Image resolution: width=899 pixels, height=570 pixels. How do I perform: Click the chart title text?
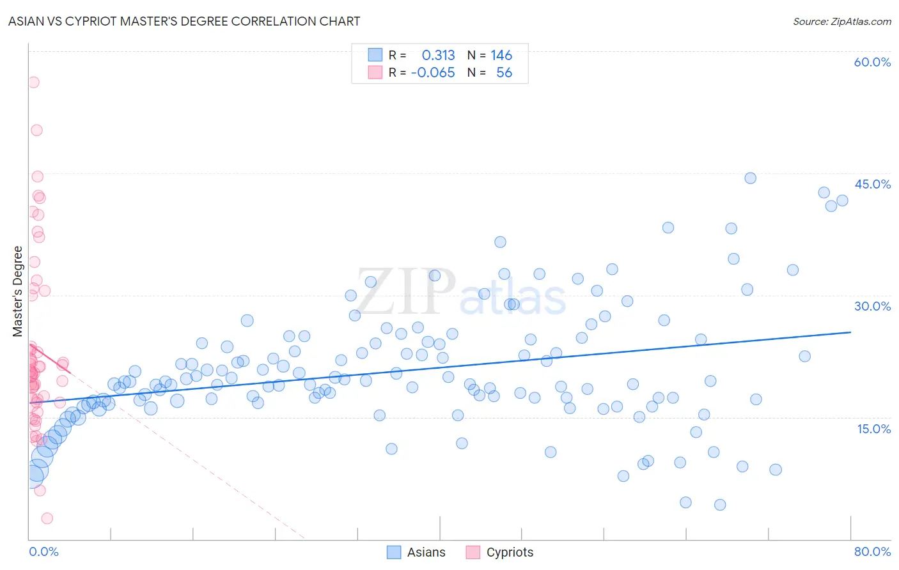coord(184,21)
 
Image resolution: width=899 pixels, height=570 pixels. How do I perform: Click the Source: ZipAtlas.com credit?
coord(841,21)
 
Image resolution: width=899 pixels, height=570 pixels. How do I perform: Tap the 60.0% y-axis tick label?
coord(872,62)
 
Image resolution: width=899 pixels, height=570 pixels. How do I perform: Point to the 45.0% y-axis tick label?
coord(872,184)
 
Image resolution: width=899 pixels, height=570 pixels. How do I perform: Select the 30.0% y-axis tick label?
coord(872,306)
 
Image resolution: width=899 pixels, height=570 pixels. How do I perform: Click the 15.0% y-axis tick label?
coord(873,429)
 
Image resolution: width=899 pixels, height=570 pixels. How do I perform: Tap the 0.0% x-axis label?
coord(43,551)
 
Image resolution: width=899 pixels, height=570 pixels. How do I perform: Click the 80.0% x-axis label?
coord(872,551)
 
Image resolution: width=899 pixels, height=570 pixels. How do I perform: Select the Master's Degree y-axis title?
coord(18,291)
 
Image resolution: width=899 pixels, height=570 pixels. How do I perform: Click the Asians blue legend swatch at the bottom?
coord(394,552)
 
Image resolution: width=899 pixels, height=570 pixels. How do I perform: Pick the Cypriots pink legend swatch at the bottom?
coord(473,552)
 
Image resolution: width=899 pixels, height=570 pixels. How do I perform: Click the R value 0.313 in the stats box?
coord(438,55)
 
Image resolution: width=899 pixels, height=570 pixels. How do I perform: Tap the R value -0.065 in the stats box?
coord(433,72)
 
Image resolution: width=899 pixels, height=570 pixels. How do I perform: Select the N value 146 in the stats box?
coord(501,55)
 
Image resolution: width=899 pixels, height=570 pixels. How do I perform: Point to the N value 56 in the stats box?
coord(504,72)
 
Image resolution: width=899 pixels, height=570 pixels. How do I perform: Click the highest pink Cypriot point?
coord(33,82)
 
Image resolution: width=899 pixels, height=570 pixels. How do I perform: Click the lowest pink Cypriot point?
coord(47,518)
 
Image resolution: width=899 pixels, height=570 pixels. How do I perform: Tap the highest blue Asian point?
coord(750,178)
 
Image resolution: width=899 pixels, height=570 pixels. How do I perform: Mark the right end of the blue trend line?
coord(851,332)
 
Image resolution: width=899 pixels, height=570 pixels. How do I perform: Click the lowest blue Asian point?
coord(720,505)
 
